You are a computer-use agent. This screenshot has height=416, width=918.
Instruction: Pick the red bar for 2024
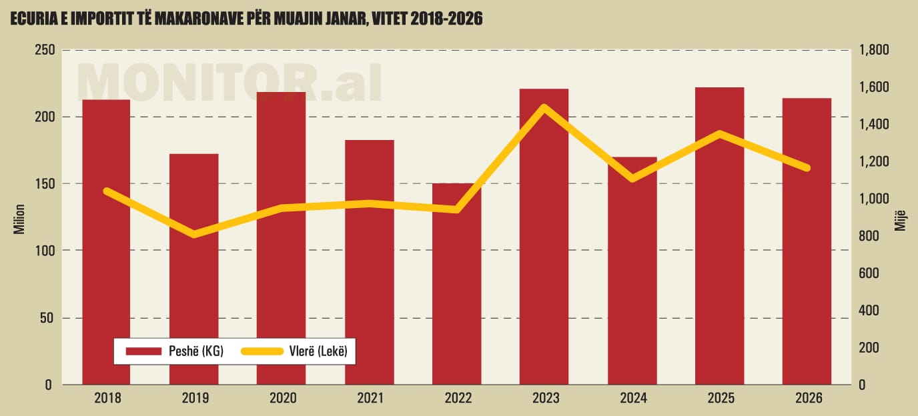(632, 280)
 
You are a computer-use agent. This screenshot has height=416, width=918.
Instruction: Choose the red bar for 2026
(807, 267)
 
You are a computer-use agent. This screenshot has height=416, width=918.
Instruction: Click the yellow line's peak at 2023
(544, 107)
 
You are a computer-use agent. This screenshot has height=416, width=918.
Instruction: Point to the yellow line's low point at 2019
(193, 234)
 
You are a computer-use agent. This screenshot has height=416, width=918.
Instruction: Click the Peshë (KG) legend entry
(173, 351)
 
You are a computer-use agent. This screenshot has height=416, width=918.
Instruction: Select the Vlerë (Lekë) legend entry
(296, 351)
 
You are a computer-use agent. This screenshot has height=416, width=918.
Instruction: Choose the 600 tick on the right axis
(871, 273)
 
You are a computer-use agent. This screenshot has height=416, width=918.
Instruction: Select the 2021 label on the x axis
(369, 399)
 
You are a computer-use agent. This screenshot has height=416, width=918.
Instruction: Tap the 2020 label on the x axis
(282, 399)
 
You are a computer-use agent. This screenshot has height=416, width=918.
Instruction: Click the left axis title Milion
(19, 218)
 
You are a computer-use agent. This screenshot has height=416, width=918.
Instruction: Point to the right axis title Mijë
(901, 218)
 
